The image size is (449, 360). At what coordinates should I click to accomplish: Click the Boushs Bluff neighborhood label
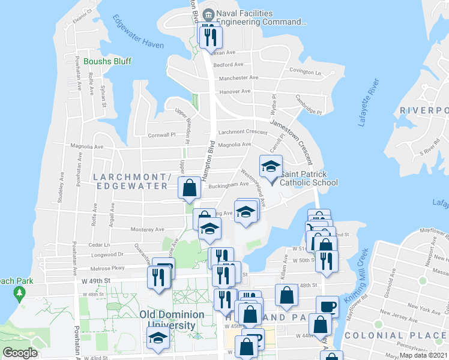(107, 61)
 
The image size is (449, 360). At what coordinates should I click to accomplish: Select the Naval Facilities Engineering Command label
(261, 18)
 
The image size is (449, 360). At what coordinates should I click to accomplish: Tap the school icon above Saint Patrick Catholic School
(271, 166)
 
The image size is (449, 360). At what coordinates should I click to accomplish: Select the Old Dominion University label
(167, 319)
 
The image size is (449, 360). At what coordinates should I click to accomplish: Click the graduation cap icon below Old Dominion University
(158, 338)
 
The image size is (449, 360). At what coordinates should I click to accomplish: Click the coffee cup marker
(328, 307)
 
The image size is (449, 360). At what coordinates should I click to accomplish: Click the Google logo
(20, 353)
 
